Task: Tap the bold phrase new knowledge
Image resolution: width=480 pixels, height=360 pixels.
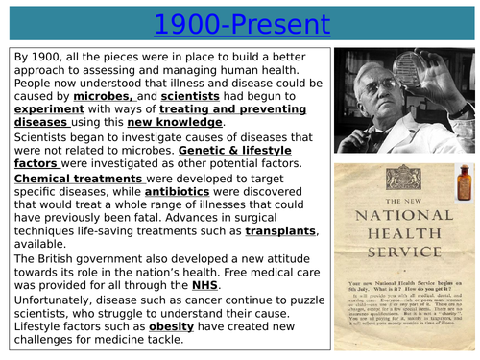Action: pos(180,123)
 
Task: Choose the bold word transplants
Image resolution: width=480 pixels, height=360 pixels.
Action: pos(280,231)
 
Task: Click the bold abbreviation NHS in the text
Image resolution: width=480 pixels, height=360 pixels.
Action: pos(204,285)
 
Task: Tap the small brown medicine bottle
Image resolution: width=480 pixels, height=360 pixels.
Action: pos(466,180)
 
